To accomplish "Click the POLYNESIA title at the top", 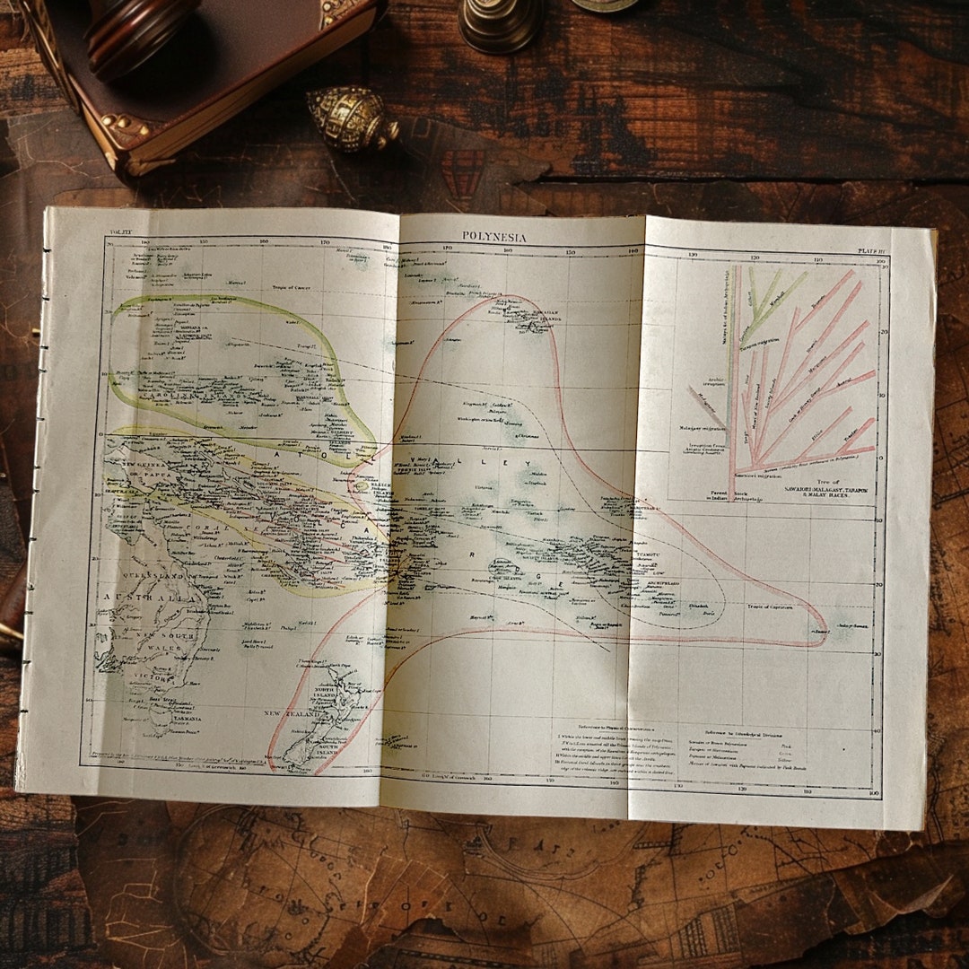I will tap(494, 237).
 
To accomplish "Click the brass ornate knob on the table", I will tap(350, 117).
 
